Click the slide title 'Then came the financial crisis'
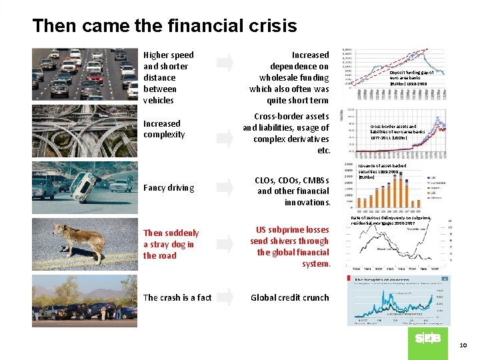[x=165, y=26]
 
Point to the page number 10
[x=464, y=344]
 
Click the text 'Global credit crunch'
[x=289, y=298]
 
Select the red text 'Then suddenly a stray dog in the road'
[x=171, y=244]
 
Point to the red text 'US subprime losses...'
[x=289, y=247]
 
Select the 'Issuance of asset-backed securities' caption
[x=382, y=171]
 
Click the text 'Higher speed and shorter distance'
[x=169, y=77]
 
